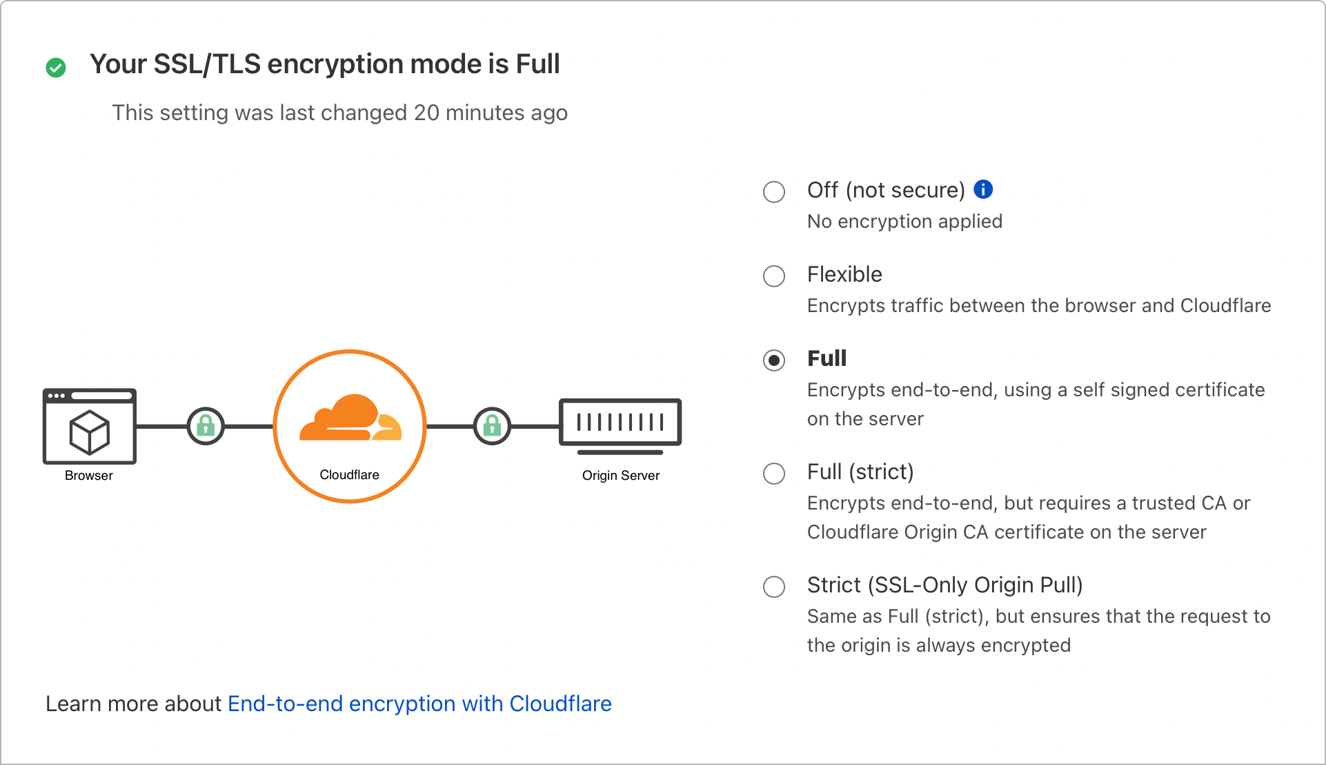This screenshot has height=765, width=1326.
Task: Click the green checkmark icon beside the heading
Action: point(56,68)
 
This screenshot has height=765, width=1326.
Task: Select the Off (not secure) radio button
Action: point(774,191)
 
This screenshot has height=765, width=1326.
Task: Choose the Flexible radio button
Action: point(774,276)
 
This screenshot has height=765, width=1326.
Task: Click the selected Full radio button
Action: point(774,360)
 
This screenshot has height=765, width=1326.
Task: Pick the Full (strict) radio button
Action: point(774,474)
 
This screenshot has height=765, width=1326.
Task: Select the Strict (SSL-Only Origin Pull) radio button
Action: point(774,587)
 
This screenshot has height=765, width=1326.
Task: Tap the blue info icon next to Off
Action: point(983,189)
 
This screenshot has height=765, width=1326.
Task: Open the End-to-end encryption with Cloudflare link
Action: point(419,704)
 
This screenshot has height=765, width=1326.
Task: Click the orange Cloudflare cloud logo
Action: point(350,418)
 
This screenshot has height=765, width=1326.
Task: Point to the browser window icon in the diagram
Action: point(90,425)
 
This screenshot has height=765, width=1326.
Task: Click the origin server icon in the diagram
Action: point(620,424)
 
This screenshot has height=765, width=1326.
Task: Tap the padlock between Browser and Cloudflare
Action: point(206,426)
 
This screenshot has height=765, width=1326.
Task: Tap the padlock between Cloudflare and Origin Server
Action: point(492,426)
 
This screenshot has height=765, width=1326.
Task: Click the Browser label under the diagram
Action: point(89,476)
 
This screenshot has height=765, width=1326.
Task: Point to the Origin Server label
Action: point(621,476)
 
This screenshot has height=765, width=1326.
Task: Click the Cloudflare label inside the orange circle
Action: point(349,475)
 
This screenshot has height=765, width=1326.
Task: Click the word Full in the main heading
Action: point(538,64)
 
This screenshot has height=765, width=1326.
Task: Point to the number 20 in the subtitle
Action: point(426,113)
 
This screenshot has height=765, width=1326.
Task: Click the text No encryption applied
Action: point(904,222)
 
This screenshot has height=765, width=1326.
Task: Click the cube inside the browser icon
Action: point(90,433)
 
